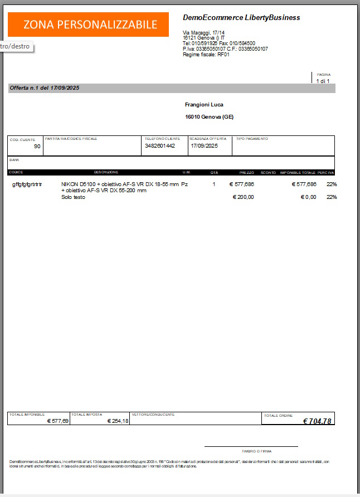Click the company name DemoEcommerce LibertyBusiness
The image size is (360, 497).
coord(241,18)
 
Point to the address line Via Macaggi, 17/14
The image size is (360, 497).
coord(204,33)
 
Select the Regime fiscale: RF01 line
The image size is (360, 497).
coord(206,55)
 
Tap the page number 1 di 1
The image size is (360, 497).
coord(323,81)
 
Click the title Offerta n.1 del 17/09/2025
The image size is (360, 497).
coord(45,88)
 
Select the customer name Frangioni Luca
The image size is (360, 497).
coord(204,105)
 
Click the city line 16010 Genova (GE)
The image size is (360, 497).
coord(209,117)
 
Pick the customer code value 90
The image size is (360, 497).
coord(37,147)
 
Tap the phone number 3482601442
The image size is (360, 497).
coord(160,146)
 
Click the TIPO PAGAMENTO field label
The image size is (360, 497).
coord(252,139)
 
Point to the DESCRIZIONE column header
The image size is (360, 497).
coord(106,172)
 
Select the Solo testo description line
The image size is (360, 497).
coord(73,197)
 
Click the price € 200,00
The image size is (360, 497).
coord(243,197)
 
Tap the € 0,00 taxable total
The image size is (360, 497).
coord(308,197)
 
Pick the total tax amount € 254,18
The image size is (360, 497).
coord(118,421)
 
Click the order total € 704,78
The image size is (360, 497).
coord(317,421)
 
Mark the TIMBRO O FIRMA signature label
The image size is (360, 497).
coord(251,451)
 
